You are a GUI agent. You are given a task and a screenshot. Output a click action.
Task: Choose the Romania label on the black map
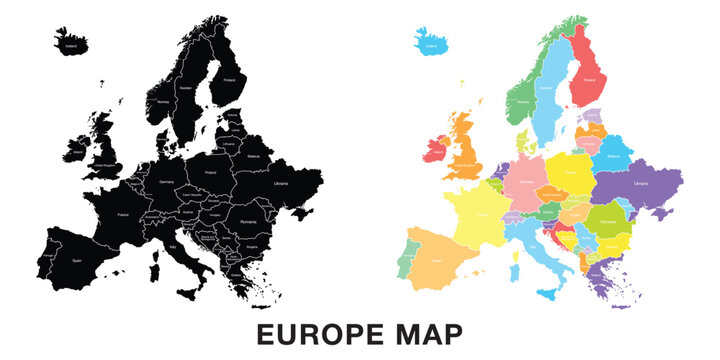coord(249,218)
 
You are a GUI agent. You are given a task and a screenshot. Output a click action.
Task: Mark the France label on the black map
coord(122,214)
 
